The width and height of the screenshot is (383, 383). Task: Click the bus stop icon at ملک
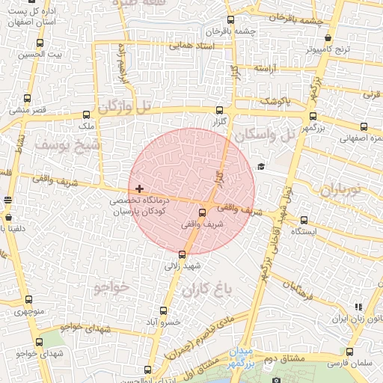[x=88, y=115]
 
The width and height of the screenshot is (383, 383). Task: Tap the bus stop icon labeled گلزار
[x=218, y=110]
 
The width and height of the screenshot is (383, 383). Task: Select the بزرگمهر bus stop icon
[x=313, y=116]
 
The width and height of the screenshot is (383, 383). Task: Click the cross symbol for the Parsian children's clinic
[x=140, y=188]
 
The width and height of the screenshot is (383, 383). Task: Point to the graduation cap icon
[x=260, y=167]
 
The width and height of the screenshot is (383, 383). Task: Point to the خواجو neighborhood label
[x=112, y=287]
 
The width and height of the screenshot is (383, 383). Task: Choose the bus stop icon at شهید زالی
[x=182, y=254]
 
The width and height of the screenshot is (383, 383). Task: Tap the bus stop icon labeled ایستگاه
[x=304, y=220]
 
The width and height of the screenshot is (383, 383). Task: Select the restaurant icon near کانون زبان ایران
[x=358, y=307]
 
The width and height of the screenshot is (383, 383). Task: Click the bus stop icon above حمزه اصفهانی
[x=364, y=127]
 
